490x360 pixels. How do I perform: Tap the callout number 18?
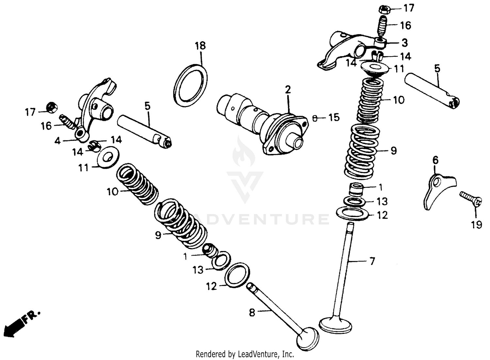click(200, 46)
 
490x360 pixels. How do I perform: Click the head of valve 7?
click(336, 324)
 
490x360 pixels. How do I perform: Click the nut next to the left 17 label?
click(51, 107)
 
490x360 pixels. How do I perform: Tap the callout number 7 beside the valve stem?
click(372, 261)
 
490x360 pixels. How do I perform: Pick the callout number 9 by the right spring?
click(393, 150)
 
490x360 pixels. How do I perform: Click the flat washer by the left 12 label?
click(237, 273)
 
